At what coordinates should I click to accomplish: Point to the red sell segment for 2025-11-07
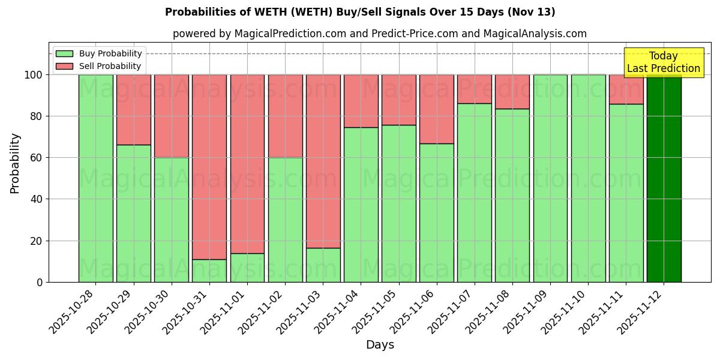click(x=474, y=89)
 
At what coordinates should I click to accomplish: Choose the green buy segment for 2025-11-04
click(x=361, y=205)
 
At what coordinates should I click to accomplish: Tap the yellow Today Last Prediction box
click(x=663, y=62)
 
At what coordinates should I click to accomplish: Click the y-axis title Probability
click(x=15, y=163)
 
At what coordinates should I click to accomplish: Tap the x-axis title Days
click(x=380, y=345)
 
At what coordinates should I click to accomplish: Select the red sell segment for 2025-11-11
click(x=626, y=89)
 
